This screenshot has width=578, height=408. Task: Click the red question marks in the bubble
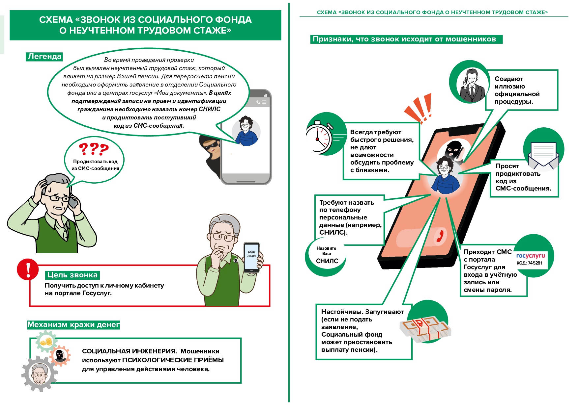coord(94,149)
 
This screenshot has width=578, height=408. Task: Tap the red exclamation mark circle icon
coord(28,269)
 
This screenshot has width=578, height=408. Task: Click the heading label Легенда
coord(44,57)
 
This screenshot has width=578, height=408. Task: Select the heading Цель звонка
coord(72,275)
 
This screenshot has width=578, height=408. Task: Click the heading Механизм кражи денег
coord(73,325)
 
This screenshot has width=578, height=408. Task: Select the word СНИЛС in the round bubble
coord(327,261)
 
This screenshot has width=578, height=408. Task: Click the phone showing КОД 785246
coord(251,258)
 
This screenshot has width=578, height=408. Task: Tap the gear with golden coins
coord(46,342)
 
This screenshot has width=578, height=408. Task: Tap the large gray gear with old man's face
coord(39,373)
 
